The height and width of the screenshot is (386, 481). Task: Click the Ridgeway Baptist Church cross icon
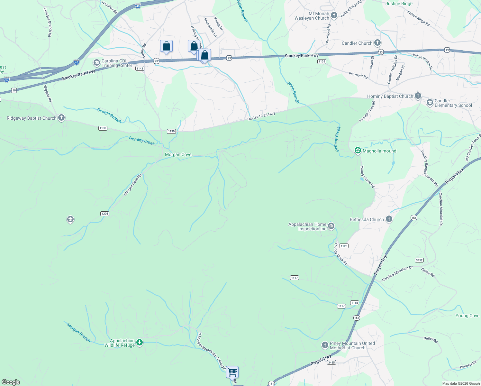coord(61,118)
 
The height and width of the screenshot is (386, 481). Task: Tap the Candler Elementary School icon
coord(430,103)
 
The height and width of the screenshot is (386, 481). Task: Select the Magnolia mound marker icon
coord(358,151)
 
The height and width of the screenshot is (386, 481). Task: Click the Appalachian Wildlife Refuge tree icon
coord(139,343)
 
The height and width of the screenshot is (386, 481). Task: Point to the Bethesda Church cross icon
coord(389,219)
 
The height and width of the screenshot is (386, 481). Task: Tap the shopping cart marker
coord(232,372)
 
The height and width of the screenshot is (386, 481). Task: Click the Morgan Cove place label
coord(178,155)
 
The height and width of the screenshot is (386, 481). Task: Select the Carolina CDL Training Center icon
coord(96,63)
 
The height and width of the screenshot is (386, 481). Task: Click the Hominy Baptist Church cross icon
coord(418,96)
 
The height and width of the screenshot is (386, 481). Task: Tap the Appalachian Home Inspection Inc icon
coord(331,226)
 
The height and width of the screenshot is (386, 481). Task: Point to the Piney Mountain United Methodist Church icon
coord(325,345)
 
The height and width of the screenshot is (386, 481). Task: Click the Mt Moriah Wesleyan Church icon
coord(334,15)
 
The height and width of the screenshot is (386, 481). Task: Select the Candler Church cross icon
coord(377,43)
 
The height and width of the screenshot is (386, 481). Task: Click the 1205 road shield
coord(104,214)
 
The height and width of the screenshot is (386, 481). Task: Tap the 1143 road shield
coord(140,69)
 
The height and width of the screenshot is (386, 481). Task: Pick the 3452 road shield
coord(419,260)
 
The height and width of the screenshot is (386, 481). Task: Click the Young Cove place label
coord(467,316)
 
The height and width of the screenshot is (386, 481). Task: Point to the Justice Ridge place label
coord(399,4)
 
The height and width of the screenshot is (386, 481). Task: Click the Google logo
coord(11,382)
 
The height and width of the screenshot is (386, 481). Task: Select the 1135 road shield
coord(322,61)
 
